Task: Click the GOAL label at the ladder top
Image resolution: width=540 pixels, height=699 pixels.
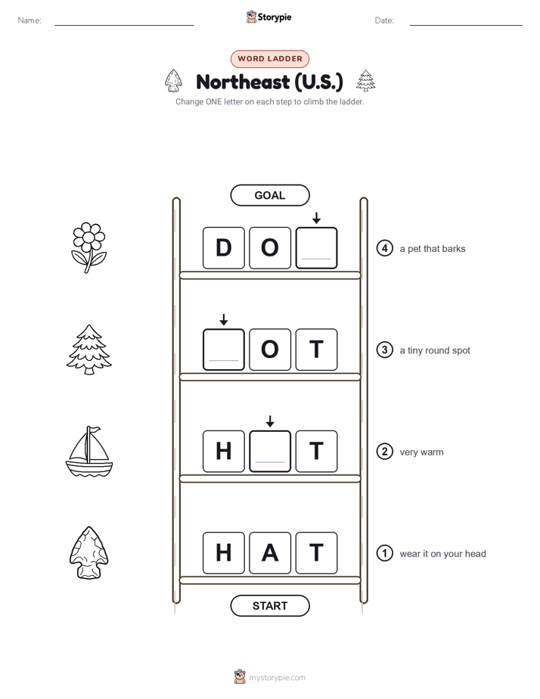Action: click(269, 195)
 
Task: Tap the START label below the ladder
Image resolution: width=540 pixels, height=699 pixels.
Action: click(269, 606)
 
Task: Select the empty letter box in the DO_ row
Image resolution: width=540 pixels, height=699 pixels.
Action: click(316, 248)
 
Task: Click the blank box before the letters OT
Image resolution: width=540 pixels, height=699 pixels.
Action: click(224, 349)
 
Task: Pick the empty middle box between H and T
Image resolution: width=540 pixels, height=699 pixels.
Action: click(270, 451)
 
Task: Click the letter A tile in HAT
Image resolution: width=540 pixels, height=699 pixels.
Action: click(270, 553)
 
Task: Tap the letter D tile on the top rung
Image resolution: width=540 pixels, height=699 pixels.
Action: click(224, 248)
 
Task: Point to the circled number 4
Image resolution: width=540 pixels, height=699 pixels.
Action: click(384, 248)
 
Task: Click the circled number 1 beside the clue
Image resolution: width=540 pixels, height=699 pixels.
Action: click(384, 553)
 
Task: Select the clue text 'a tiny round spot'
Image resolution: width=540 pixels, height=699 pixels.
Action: click(435, 350)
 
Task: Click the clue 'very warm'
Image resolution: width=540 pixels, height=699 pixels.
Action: click(421, 452)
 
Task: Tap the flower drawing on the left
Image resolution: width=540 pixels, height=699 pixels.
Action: click(89, 248)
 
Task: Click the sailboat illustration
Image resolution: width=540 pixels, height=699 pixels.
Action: click(89, 451)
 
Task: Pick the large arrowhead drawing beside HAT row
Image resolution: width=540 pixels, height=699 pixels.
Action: click(89, 553)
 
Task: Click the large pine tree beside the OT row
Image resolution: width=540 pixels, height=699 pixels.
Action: click(89, 349)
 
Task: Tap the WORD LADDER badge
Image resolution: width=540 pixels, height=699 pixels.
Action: click(269, 59)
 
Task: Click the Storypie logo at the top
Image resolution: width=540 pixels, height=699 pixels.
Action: click(268, 17)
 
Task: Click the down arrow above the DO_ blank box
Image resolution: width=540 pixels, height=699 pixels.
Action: click(316, 218)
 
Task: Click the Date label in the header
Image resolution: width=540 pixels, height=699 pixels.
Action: click(384, 20)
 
